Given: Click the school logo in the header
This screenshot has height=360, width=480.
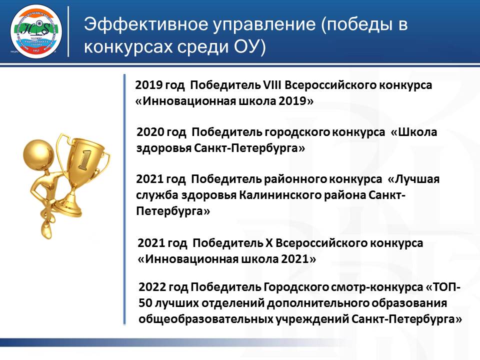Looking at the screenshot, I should (x=36, y=31).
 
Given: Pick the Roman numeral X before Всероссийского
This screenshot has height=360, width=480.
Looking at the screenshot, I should (x=269, y=243).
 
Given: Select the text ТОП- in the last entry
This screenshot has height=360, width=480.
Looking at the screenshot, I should (x=446, y=288).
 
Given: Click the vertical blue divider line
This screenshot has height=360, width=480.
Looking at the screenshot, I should (x=124, y=200).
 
